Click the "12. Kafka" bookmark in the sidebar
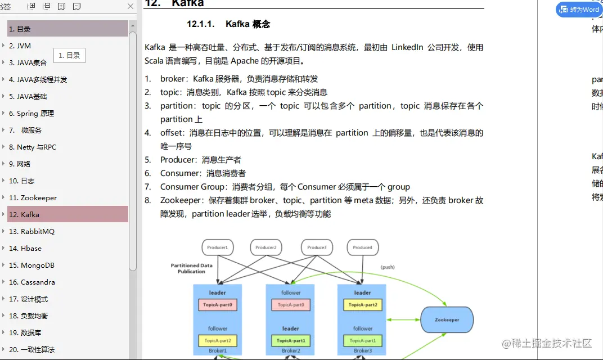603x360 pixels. tap(30, 214)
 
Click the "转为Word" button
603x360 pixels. tap(579, 10)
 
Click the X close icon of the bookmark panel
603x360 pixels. tap(130, 6)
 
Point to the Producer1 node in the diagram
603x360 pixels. tap(218, 247)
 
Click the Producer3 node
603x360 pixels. tap(317, 247)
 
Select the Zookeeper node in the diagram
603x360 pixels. tap(447, 320)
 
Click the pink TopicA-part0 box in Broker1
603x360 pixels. tap(218, 305)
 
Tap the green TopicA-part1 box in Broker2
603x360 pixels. tap(291, 341)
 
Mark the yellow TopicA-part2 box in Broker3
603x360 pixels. tap(363, 305)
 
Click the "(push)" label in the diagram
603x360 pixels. tap(388, 267)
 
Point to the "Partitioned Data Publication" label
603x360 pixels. tap(192, 268)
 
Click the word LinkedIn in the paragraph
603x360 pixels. tap(407, 47)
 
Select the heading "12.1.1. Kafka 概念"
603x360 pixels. tap(228, 24)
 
